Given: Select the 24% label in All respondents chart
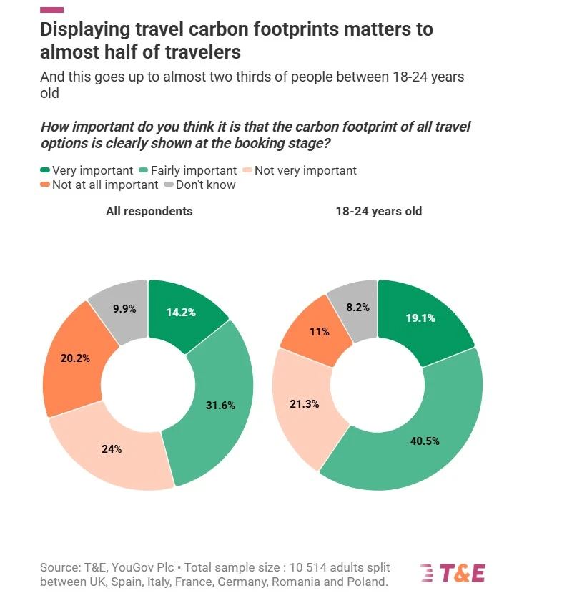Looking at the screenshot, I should (x=112, y=449).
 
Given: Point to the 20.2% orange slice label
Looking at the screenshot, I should (x=75, y=358).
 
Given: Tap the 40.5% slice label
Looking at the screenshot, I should (x=424, y=441).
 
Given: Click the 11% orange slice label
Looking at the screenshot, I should (x=319, y=331).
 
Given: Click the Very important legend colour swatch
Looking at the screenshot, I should (x=45, y=170).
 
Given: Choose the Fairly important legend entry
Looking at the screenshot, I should (x=190, y=170).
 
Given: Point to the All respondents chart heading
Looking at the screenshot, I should (x=149, y=211).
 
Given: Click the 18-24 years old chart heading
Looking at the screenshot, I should (x=379, y=211).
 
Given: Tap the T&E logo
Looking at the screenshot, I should (x=453, y=572).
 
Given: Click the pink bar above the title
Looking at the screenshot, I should (x=51, y=9).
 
